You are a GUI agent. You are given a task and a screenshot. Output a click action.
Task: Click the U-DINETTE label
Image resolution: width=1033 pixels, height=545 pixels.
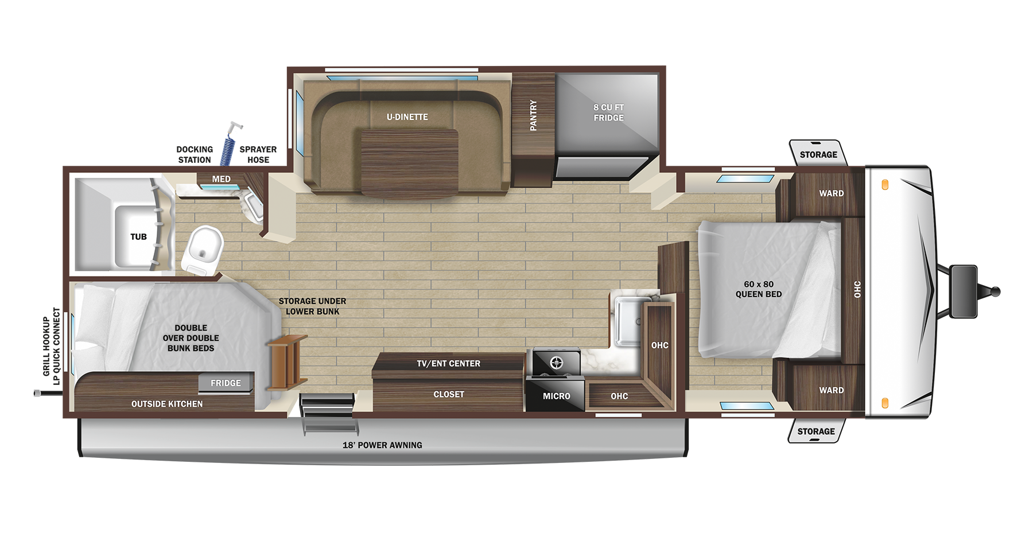pos(407,117)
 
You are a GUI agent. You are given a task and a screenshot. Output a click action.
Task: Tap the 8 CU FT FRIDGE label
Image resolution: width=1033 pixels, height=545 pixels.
pos(608,112)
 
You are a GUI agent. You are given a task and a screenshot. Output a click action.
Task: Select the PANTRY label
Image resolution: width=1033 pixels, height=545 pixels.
pos(533,115)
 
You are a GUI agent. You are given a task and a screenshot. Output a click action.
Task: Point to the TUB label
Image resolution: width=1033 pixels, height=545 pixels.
pos(138,236)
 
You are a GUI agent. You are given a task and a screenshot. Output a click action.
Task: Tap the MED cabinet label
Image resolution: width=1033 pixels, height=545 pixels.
pos(221,179)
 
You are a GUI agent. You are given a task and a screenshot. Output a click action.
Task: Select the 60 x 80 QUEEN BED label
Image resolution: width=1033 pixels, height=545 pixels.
pos(758,289)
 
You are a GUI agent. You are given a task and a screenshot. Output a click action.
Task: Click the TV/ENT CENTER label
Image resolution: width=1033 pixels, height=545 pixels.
pos(448,364)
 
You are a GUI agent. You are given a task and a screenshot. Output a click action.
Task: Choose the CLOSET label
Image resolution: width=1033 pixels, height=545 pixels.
pos(448,395)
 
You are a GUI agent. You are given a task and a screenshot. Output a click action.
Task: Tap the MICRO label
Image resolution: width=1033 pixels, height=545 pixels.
pos(556,396)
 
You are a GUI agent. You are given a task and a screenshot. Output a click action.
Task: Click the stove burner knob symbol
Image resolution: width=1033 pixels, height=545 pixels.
pos(556,363)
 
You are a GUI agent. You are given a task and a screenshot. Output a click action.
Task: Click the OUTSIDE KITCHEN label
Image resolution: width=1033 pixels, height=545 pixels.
pos(167,404)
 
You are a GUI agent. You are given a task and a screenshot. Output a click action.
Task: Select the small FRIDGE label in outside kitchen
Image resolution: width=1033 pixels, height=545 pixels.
pos(226,383)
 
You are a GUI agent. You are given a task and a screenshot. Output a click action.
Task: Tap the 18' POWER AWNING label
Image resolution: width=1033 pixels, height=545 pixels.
pos(382,445)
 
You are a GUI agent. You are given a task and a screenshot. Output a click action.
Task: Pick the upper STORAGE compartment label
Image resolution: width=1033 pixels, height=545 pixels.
pos(818,154)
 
